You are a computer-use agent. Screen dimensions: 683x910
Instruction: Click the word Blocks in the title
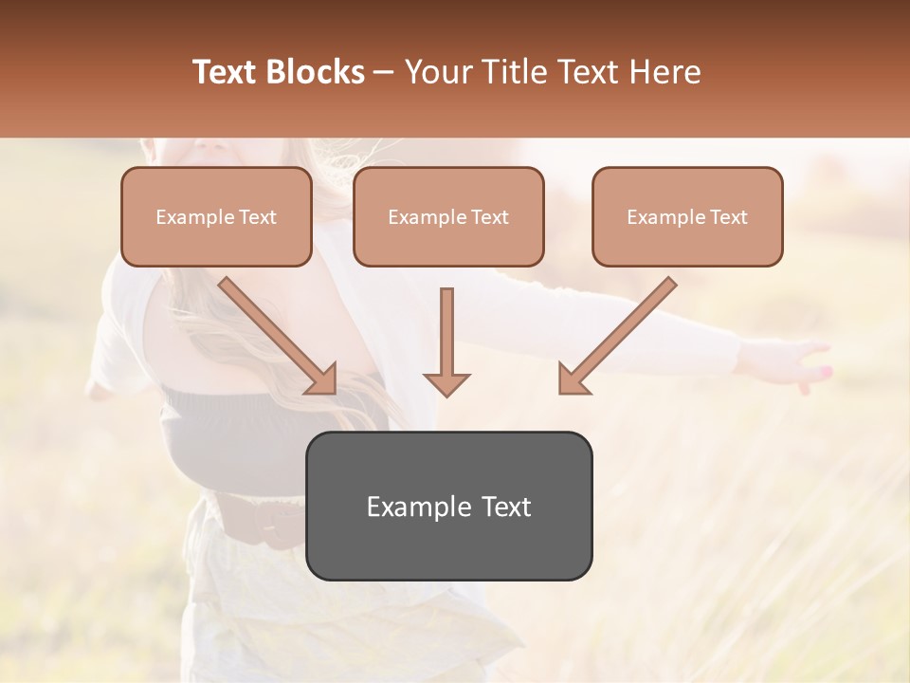pos(316,72)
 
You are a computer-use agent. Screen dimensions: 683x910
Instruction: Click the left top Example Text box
pos(216,217)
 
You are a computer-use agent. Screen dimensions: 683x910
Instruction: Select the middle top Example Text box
pos(448,217)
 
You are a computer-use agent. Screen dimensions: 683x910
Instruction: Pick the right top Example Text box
pos(687,217)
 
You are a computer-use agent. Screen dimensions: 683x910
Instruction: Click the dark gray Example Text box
pos(448,506)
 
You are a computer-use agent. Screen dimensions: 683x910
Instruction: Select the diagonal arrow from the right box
pos(616,337)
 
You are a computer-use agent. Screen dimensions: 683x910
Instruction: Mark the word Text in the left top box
pos(257,217)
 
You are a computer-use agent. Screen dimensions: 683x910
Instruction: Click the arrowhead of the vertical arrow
pos(446,383)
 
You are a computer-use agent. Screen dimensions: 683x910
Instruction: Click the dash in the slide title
pos(384,72)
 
